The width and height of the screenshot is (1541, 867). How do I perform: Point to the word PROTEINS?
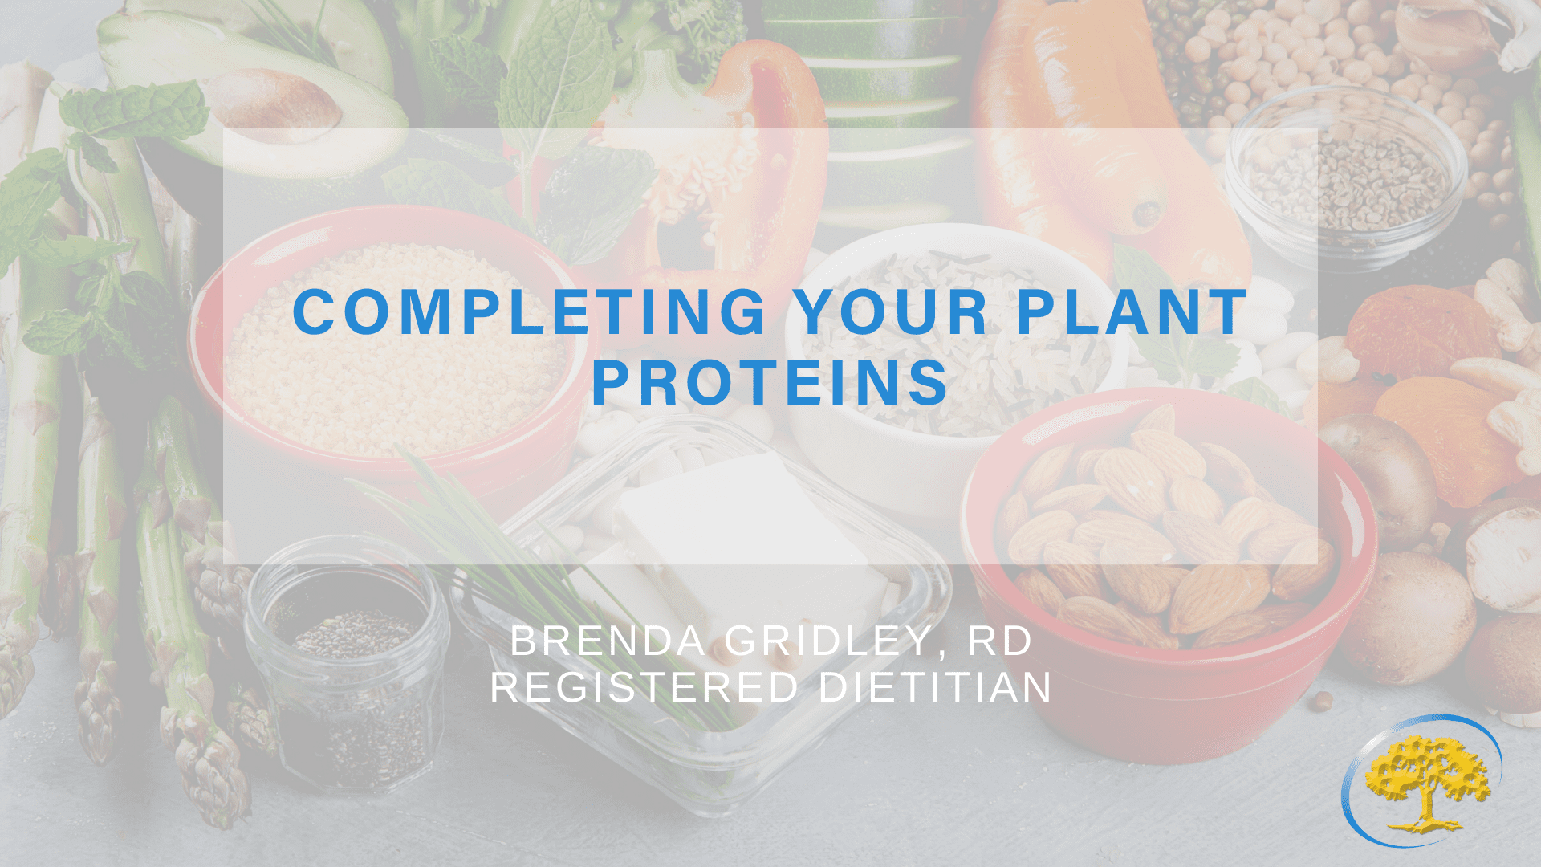pyautogui.click(x=770, y=382)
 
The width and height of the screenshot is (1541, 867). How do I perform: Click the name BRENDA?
pyautogui.click(x=608, y=641)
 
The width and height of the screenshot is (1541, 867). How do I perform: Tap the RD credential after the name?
pyautogui.click(x=1000, y=641)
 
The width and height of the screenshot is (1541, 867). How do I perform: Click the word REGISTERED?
pyautogui.click(x=644, y=688)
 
